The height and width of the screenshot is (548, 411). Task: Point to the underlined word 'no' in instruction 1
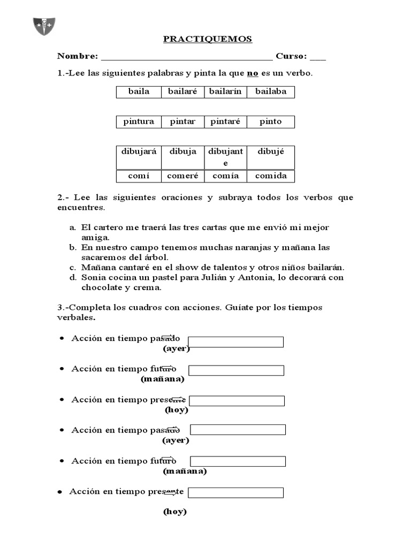coord(253,73)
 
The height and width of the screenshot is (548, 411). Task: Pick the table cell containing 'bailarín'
coord(225,92)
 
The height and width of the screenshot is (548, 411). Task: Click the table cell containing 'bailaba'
coord(271,92)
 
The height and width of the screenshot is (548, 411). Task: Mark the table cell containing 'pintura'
coord(139,121)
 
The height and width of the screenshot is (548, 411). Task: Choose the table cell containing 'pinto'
coord(270,121)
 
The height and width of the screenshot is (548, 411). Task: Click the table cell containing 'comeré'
coord(182,176)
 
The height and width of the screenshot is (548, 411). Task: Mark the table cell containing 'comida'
coord(271,176)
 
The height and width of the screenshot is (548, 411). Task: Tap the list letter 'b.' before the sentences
coord(73,248)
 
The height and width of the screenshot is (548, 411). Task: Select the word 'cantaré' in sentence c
coord(132,268)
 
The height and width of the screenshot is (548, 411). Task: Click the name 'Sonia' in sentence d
coord(93,278)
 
